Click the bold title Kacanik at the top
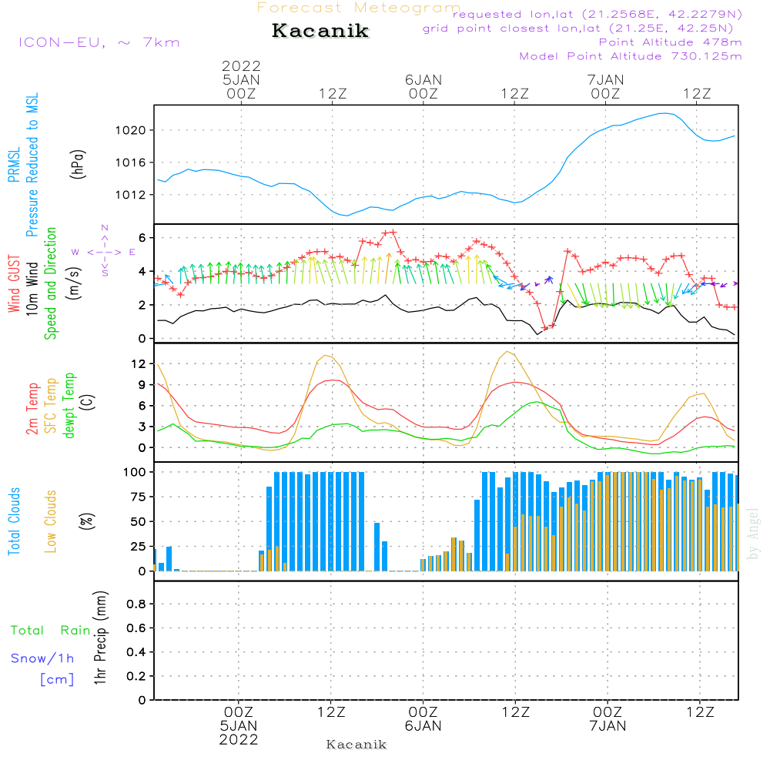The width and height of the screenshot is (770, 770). (320, 32)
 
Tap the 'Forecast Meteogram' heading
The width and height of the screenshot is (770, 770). (359, 8)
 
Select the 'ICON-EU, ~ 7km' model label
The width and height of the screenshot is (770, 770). (99, 42)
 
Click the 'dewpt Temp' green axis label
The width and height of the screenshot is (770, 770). (69, 406)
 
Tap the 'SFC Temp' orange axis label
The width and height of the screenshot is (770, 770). (52, 406)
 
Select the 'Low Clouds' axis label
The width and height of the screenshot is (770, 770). (52, 521)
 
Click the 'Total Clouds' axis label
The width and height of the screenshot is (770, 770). (14, 521)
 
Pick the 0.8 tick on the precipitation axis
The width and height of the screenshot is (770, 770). (136, 604)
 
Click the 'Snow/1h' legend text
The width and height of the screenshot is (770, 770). (42, 658)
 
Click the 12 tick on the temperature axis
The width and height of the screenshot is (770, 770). (139, 363)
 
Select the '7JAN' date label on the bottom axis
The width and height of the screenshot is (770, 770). (607, 725)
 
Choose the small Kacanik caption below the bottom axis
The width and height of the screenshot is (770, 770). (357, 745)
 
